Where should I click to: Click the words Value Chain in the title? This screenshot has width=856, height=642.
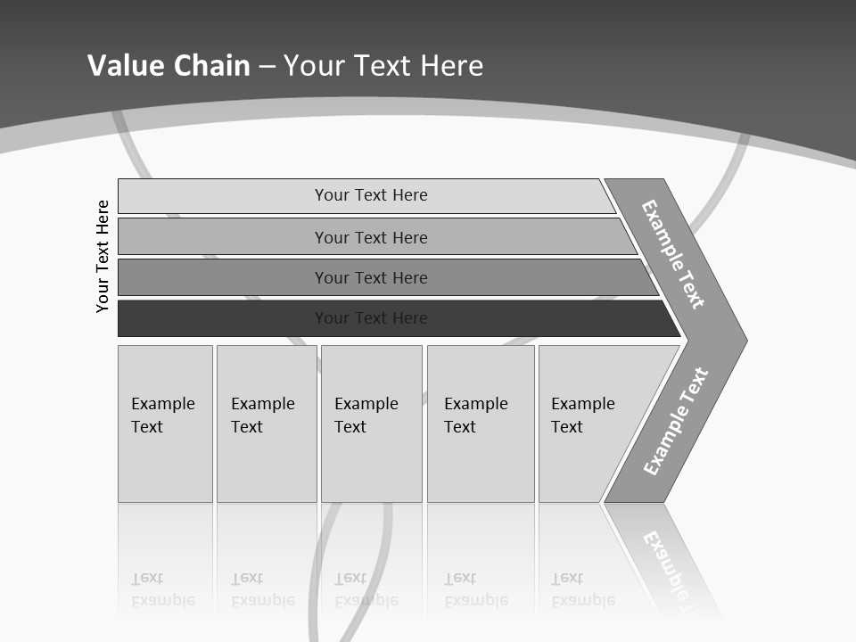169,65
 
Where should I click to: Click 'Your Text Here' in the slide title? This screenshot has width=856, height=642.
383,65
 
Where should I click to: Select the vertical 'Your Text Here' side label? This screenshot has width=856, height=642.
103,257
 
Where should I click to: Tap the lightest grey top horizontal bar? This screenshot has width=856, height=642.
223,195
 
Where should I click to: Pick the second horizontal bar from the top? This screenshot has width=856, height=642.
223,237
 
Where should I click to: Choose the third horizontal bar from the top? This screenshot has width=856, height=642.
223,277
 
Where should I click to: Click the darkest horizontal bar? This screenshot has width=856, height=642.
223,318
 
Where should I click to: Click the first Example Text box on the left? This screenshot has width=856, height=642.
165,424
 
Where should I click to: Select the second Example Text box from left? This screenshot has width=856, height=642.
266,424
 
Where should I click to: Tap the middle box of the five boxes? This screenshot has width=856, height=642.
371,424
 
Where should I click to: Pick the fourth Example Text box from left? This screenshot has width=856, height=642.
480,424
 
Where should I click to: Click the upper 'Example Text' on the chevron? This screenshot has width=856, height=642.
673,254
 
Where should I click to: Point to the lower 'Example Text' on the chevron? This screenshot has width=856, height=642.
676,422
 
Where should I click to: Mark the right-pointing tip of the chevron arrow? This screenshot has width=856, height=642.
744,340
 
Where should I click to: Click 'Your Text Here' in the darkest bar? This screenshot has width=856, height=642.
371,318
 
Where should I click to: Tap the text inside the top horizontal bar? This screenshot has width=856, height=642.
371,195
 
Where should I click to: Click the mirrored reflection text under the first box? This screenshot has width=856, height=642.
163,589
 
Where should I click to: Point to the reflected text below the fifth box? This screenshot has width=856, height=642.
583,589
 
